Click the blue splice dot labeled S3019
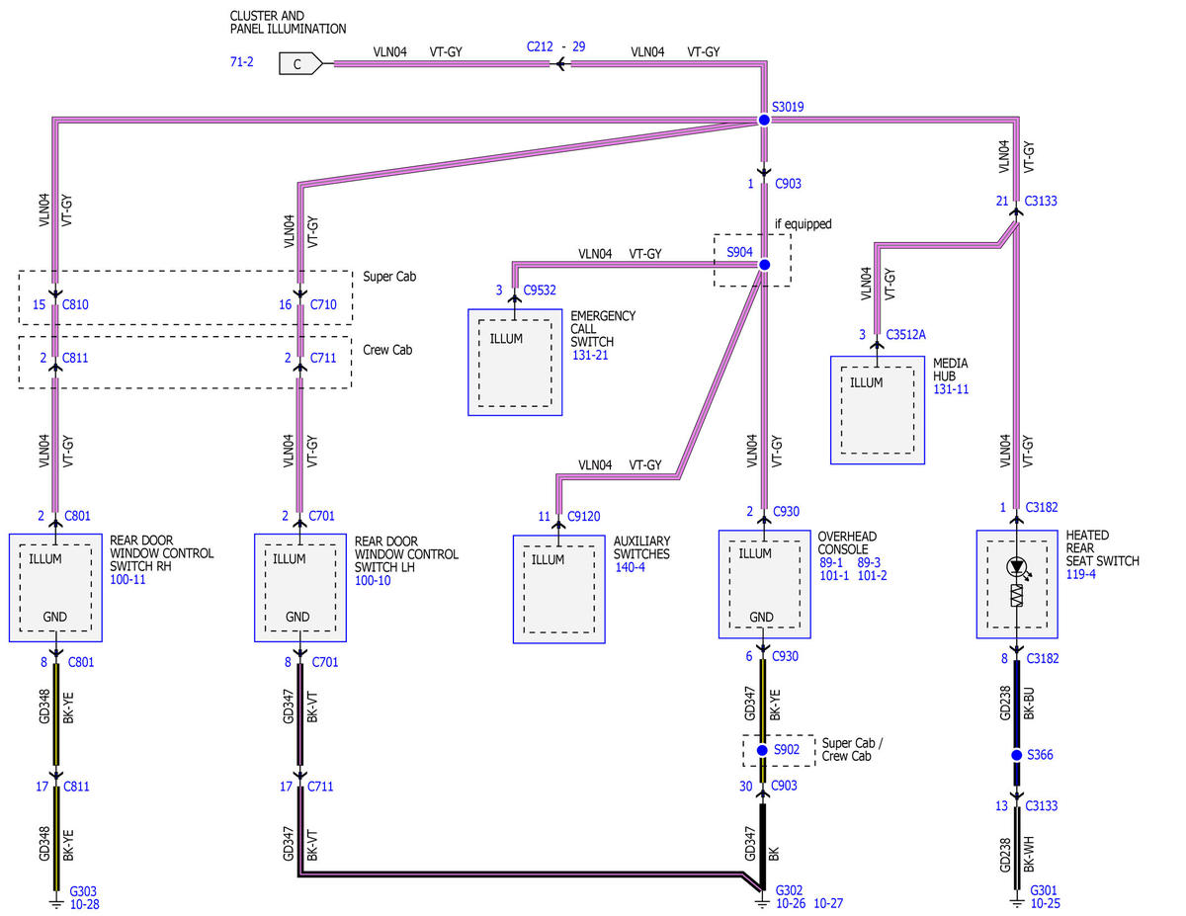(x=764, y=120)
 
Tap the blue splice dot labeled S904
(x=765, y=265)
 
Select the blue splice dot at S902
(x=762, y=751)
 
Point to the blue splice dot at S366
(x=1016, y=755)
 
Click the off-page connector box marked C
(x=300, y=64)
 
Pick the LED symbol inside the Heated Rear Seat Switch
(x=1017, y=567)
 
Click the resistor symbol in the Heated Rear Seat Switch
(x=1016, y=595)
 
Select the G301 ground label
(x=1044, y=890)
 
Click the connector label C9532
(x=540, y=291)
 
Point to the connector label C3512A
(x=905, y=334)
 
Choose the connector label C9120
(x=583, y=516)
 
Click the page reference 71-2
(x=242, y=61)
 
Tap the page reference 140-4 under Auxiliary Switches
(x=630, y=567)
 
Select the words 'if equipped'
(x=803, y=224)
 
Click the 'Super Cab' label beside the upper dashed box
(x=389, y=277)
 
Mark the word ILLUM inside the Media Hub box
(x=866, y=383)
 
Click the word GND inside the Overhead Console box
(x=761, y=617)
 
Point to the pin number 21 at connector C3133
(x=1002, y=202)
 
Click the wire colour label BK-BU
(x=1029, y=704)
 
